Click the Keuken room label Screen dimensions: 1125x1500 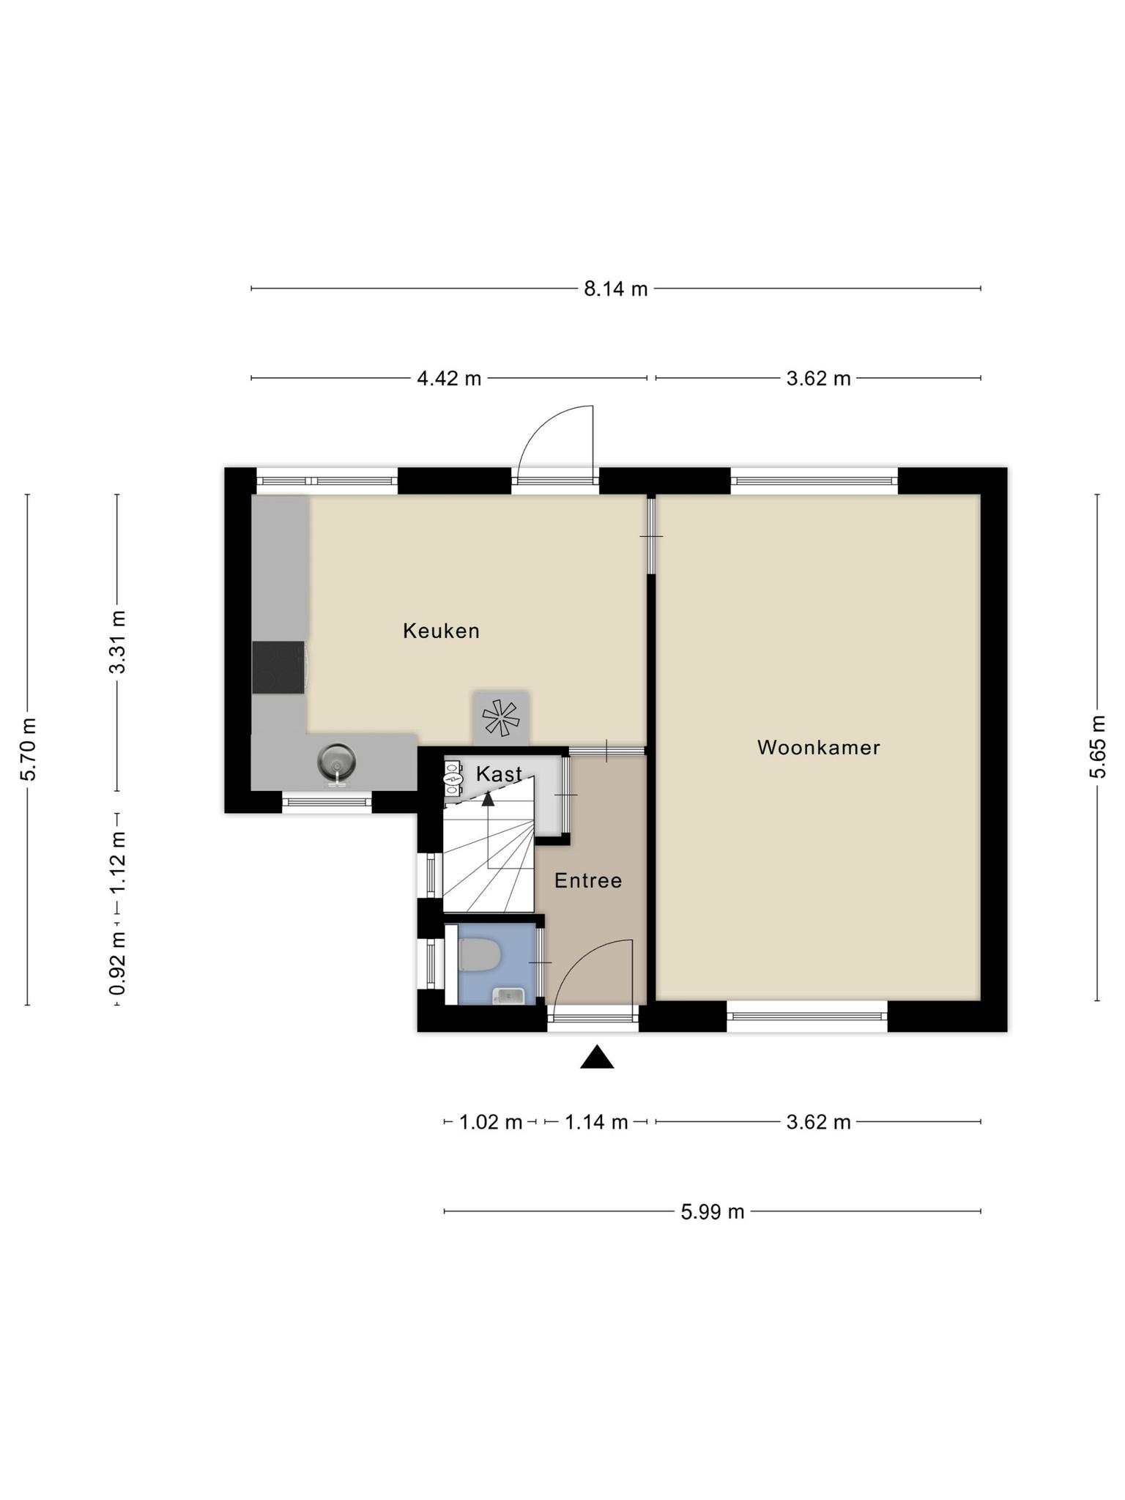click(x=441, y=631)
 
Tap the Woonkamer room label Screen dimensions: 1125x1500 click(x=818, y=747)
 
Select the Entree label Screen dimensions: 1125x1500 click(x=588, y=880)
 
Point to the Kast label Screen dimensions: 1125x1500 click(x=499, y=773)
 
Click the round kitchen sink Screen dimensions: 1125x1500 click(x=336, y=762)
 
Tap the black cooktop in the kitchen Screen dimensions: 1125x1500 click(x=278, y=667)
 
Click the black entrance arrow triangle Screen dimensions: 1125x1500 click(x=597, y=1057)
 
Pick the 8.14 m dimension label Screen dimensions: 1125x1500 click(x=616, y=289)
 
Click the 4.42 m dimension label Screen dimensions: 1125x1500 click(x=449, y=379)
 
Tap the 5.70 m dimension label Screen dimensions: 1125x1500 click(x=28, y=749)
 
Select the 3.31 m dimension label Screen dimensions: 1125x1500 click(x=117, y=642)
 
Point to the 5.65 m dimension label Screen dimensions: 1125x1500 click(x=1097, y=747)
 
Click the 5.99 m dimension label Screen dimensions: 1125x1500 click(x=713, y=1212)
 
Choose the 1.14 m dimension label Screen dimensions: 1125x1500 click(x=596, y=1122)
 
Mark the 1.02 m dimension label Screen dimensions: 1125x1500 click(x=491, y=1122)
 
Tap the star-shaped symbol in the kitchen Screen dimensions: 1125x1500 click(x=500, y=718)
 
